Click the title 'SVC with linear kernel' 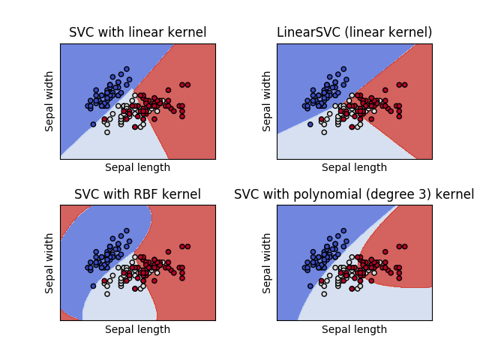click(137, 32)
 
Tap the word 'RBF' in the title click(148, 194)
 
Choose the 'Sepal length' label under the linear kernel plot click(137, 167)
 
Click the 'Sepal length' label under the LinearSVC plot click(354, 167)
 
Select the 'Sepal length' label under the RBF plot click(137, 329)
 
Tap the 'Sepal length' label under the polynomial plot click(354, 329)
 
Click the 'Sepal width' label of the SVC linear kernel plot click(50, 101)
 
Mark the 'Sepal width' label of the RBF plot click(50, 263)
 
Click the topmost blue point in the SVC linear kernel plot click(126, 69)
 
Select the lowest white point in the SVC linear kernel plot click(106, 132)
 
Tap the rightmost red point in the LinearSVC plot click(404, 85)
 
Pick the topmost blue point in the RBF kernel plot click(126, 231)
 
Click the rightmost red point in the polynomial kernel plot click(404, 247)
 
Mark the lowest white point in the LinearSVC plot click(324, 132)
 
